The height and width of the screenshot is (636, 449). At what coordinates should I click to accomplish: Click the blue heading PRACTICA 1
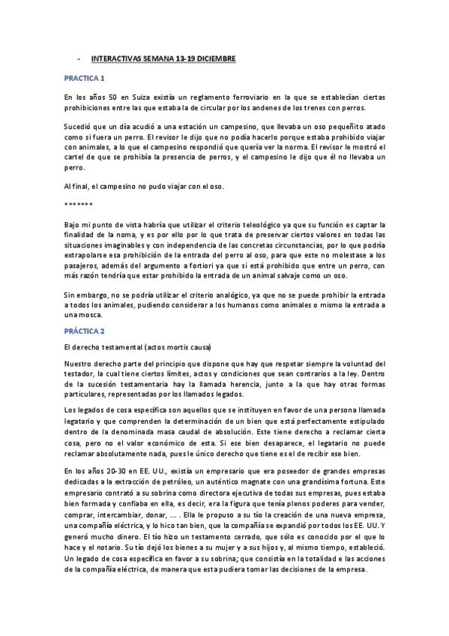tap(84, 77)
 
